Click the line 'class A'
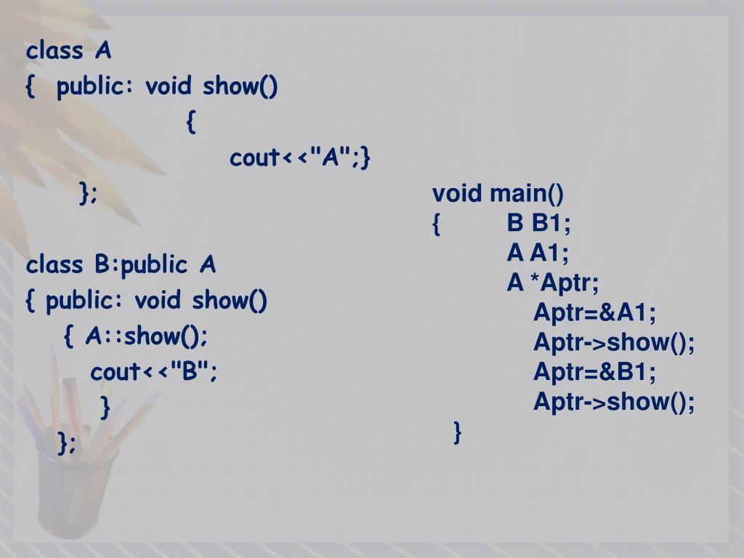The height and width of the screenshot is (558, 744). pos(68,52)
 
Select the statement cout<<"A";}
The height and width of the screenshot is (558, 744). pos(300,158)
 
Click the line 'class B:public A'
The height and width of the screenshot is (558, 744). pos(121,265)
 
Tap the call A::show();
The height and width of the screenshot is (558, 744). pos(146,336)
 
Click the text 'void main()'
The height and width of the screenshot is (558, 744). pos(498,194)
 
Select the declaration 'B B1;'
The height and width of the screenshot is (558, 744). pos(538,224)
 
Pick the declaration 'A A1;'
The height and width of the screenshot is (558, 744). pos(538,254)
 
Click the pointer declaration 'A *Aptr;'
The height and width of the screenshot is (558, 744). pos(553,283)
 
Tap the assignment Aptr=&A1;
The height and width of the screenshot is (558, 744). pos(594,313)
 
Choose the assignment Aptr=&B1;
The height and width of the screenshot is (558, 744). pos(594,373)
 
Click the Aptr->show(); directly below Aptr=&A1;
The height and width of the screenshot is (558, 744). pos(614,343)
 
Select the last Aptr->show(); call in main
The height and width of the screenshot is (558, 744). pos(614,402)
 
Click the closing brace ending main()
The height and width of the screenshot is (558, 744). pos(457,432)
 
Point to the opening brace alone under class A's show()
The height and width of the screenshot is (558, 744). pos(190,122)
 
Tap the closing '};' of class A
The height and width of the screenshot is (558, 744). pos(88,193)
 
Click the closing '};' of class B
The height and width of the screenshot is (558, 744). pos(67,442)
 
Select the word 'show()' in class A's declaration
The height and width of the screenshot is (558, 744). pos(240,87)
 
